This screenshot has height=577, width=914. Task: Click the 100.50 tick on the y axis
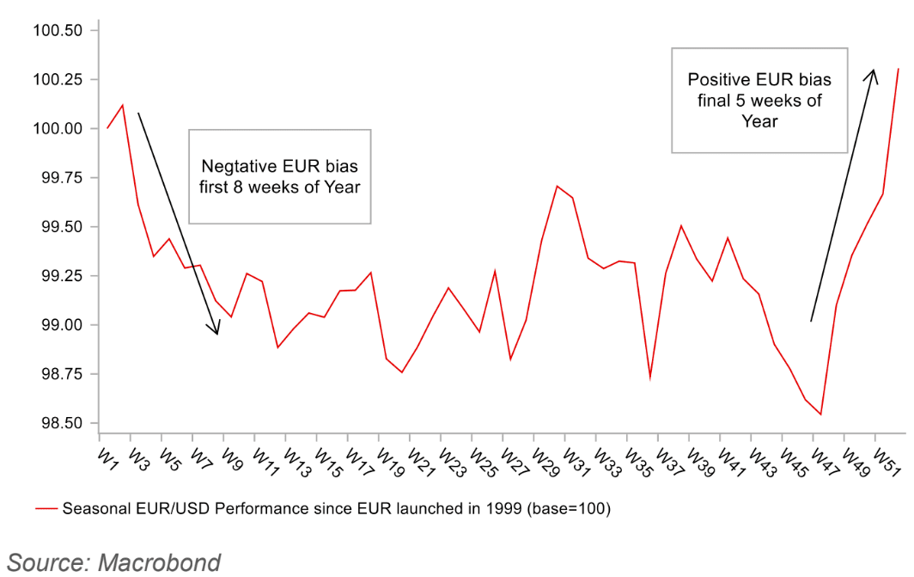coord(57,31)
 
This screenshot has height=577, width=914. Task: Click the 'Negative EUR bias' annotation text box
coord(279,177)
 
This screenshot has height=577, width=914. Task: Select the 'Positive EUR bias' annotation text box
coord(759,101)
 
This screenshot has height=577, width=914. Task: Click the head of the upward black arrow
coord(874,71)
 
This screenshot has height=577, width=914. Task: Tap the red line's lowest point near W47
coord(821,414)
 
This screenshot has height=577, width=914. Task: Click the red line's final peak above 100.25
coord(899,69)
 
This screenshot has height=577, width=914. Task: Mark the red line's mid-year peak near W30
coord(557,186)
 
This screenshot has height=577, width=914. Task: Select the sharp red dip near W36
coord(649,378)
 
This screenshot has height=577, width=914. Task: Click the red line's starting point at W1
coord(107,128)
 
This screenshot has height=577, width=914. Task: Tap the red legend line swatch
coord(46,509)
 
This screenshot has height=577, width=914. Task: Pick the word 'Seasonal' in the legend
coord(90,509)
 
